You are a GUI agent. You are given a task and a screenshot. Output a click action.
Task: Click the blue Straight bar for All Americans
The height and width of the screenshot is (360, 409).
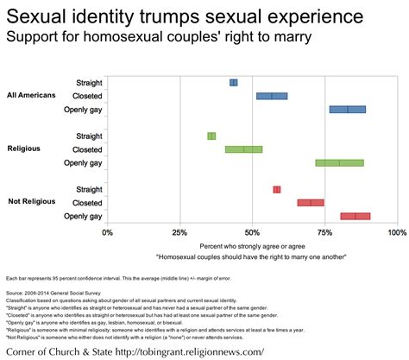click(x=234, y=82)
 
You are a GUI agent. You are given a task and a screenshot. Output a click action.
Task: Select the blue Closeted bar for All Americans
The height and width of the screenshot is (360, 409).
click(x=272, y=96)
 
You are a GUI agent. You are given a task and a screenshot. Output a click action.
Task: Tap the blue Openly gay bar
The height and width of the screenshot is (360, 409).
click(x=348, y=110)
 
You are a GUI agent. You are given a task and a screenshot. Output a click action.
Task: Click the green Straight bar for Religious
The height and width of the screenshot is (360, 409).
click(x=211, y=136)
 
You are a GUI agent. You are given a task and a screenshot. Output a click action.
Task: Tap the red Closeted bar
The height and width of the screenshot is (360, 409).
click(x=311, y=202)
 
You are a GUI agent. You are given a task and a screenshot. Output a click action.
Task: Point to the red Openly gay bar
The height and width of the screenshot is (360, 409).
click(x=355, y=216)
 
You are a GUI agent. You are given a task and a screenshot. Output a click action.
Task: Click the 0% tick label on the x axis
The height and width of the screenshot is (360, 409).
click(x=107, y=232)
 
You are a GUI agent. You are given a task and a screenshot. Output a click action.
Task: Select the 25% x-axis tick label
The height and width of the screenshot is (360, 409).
click(x=179, y=232)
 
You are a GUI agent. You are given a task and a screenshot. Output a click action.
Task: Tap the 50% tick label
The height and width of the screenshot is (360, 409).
click(x=252, y=232)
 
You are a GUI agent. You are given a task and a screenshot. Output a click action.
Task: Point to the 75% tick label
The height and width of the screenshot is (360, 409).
click(x=324, y=232)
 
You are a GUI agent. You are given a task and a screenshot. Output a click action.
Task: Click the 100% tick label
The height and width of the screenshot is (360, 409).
click(x=395, y=232)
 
